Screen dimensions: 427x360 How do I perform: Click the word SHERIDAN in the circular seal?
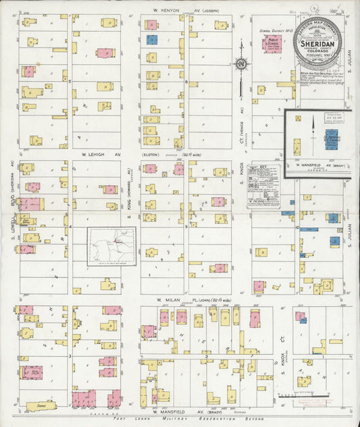click(318, 40)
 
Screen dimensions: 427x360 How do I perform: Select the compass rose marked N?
click(240, 65)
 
